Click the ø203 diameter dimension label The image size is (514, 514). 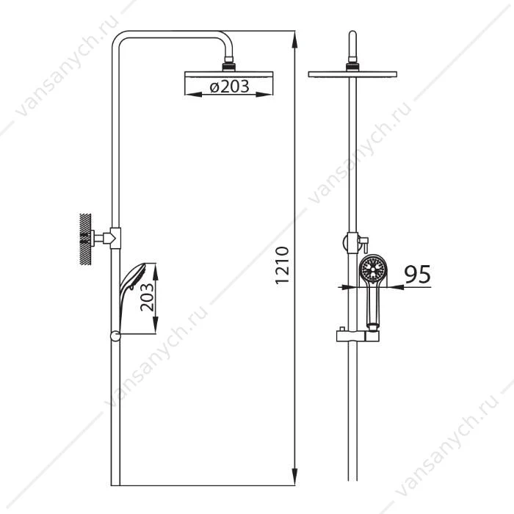229,86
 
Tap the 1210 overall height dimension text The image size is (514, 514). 282,265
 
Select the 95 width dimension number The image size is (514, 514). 417,275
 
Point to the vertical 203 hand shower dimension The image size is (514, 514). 147,297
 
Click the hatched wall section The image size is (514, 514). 85,239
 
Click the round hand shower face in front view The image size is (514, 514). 373,268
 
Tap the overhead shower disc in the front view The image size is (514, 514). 352,74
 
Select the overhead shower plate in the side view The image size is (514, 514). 229,74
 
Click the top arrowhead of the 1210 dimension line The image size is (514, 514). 294,39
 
